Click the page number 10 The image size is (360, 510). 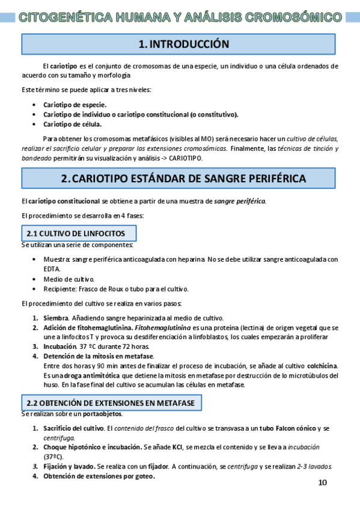[x=322, y=483]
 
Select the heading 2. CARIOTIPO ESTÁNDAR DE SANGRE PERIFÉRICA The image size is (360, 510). [x=183, y=179]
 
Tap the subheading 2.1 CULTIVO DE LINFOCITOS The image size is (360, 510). [x=75, y=233]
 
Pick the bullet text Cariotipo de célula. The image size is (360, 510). [x=72, y=124]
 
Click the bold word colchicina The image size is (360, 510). [x=321, y=366]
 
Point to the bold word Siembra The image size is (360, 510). [x=56, y=318]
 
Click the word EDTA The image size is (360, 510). [x=52, y=269]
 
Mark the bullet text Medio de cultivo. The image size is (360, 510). [x=69, y=279]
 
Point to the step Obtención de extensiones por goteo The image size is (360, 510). [x=98, y=476]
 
